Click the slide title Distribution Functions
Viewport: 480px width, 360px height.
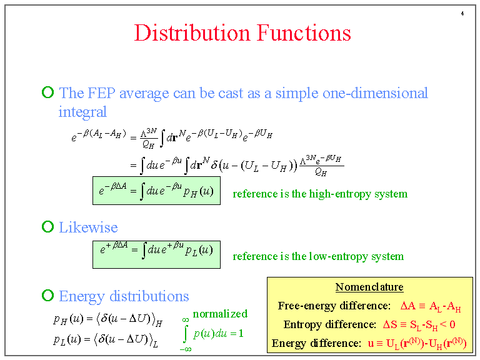tap(242, 32)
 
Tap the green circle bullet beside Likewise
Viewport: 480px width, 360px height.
tap(47, 227)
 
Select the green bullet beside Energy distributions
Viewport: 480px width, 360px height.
tap(47, 295)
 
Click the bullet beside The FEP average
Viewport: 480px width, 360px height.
tap(47, 93)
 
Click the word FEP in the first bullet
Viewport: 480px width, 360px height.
tap(102, 93)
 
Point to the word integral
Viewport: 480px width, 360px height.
tap(82, 112)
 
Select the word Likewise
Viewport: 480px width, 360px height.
tap(88, 227)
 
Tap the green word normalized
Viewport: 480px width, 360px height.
tap(220, 314)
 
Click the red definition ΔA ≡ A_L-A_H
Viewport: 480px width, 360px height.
tap(431, 306)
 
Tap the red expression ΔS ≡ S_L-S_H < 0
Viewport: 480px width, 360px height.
tap(418, 324)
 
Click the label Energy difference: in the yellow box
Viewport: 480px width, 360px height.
tap(316, 343)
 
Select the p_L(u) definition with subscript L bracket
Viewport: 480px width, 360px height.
tap(106, 341)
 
